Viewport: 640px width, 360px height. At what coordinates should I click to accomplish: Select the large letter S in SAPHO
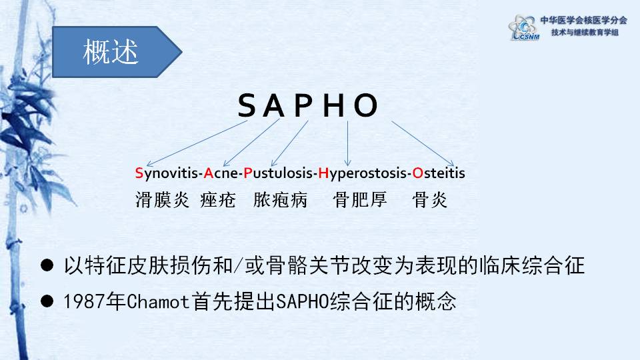click(x=247, y=106)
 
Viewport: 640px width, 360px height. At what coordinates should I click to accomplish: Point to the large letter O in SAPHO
click(x=365, y=106)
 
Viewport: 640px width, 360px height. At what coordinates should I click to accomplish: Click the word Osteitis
click(x=439, y=173)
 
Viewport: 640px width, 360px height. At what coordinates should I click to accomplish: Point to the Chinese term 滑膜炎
click(x=163, y=200)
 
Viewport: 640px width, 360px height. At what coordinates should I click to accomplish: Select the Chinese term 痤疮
click(x=218, y=200)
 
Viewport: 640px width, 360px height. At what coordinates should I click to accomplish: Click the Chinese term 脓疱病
click(x=281, y=200)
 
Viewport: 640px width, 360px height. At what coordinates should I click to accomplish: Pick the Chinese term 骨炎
click(x=430, y=200)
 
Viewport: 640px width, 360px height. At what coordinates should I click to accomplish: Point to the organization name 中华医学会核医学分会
click(x=584, y=20)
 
